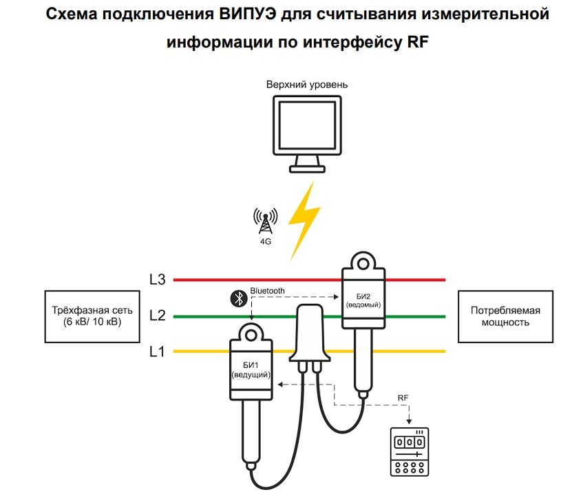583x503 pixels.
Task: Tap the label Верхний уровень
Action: tap(307, 85)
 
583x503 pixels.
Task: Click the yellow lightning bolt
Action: tap(304, 219)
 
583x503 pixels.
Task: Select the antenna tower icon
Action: tap(265, 221)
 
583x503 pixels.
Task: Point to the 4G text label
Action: tap(265, 242)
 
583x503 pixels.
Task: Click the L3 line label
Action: tap(157, 280)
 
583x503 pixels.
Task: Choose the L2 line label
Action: tap(157, 316)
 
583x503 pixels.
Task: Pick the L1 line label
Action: tap(157, 351)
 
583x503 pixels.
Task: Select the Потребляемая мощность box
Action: tap(505, 316)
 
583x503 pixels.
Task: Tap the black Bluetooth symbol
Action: tap(237, 298)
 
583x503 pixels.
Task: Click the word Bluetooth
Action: tap(267, 291)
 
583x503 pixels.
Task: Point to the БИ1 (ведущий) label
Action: tap(251, 369)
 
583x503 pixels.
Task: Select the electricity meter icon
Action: tap(409, 451)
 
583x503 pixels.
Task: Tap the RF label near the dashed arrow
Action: tap(405, 398)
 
